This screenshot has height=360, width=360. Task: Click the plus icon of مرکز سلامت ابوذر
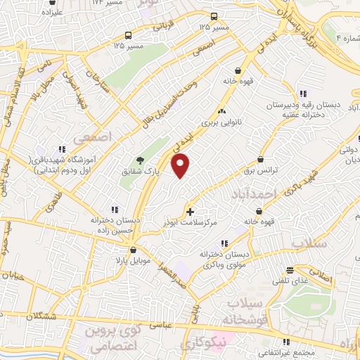pos(190,211)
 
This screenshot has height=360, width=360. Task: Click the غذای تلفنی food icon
pos(290,271)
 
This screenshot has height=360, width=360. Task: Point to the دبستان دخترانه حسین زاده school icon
pos(115,209)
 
